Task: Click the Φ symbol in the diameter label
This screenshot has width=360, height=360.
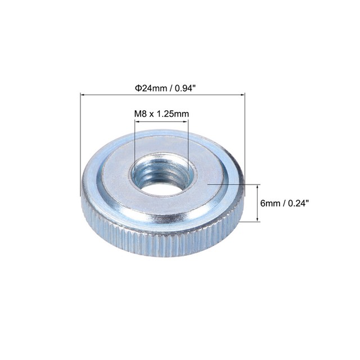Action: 137,88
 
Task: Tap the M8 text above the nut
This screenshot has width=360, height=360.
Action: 141,114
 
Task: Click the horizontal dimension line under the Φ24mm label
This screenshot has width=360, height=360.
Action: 163,95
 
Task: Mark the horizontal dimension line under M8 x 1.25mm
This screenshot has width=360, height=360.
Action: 161,121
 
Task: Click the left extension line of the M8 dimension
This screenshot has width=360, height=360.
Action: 135,146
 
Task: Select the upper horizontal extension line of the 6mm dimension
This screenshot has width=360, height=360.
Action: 236,184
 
